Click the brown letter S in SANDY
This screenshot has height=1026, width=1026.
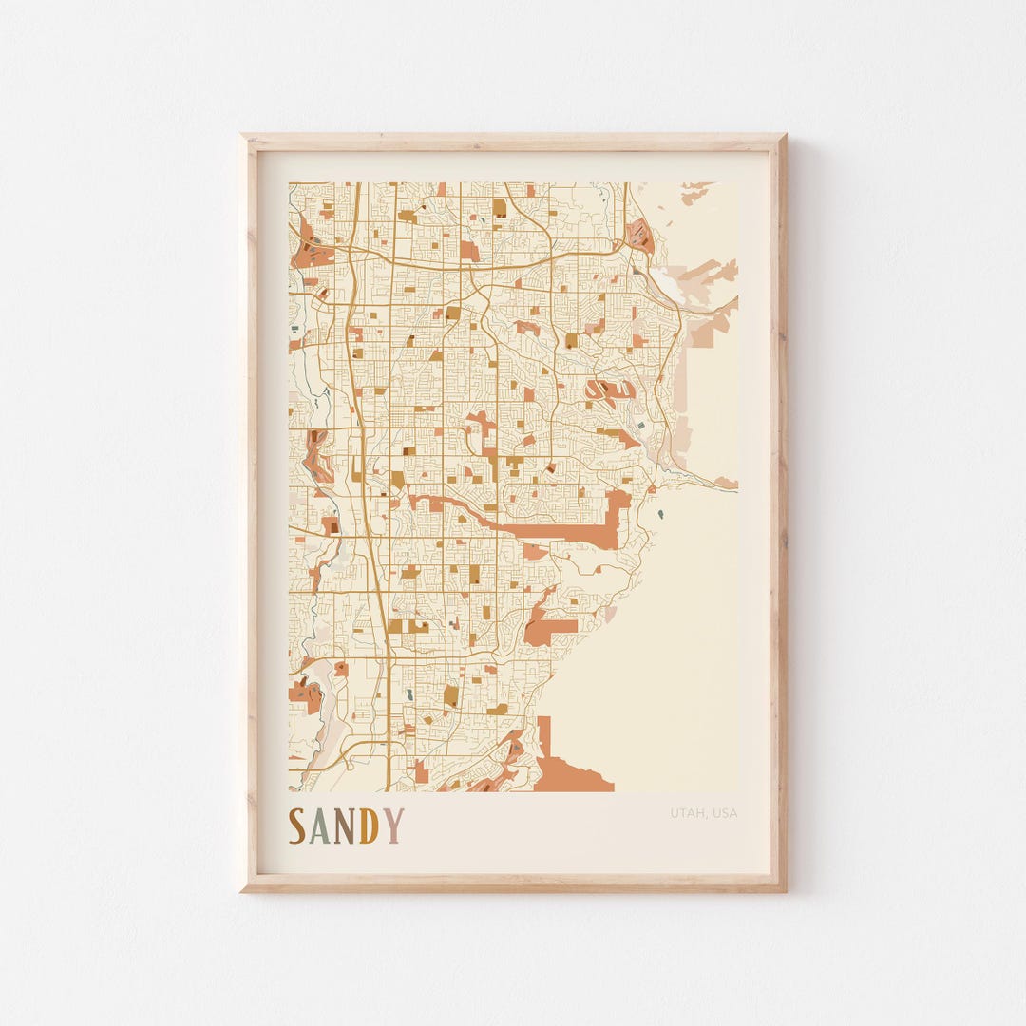point(297,826)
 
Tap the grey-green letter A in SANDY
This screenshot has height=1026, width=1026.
point(321,826)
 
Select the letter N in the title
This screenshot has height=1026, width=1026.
point(345,826)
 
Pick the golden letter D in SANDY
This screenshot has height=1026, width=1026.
point(369,826)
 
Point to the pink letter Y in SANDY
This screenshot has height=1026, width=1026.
point(392,826)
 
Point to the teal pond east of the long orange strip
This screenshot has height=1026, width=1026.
point(659,515)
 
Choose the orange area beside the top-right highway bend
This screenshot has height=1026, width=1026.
point(641,234)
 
